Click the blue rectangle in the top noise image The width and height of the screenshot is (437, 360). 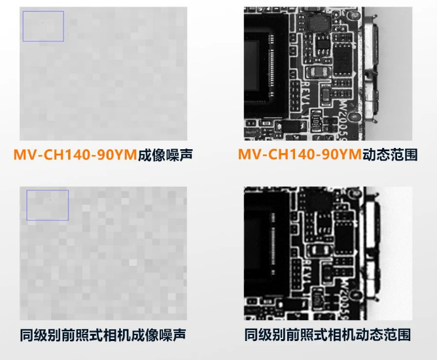click(43, 27)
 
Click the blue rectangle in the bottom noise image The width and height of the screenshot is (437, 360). click(48, 205)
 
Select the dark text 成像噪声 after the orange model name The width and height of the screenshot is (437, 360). click(166, 154)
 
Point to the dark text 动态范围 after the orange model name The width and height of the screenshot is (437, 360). click(389, 154)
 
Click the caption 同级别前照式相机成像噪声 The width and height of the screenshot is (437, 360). click(104, 334)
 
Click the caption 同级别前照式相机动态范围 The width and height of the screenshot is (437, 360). click(328, 334)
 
